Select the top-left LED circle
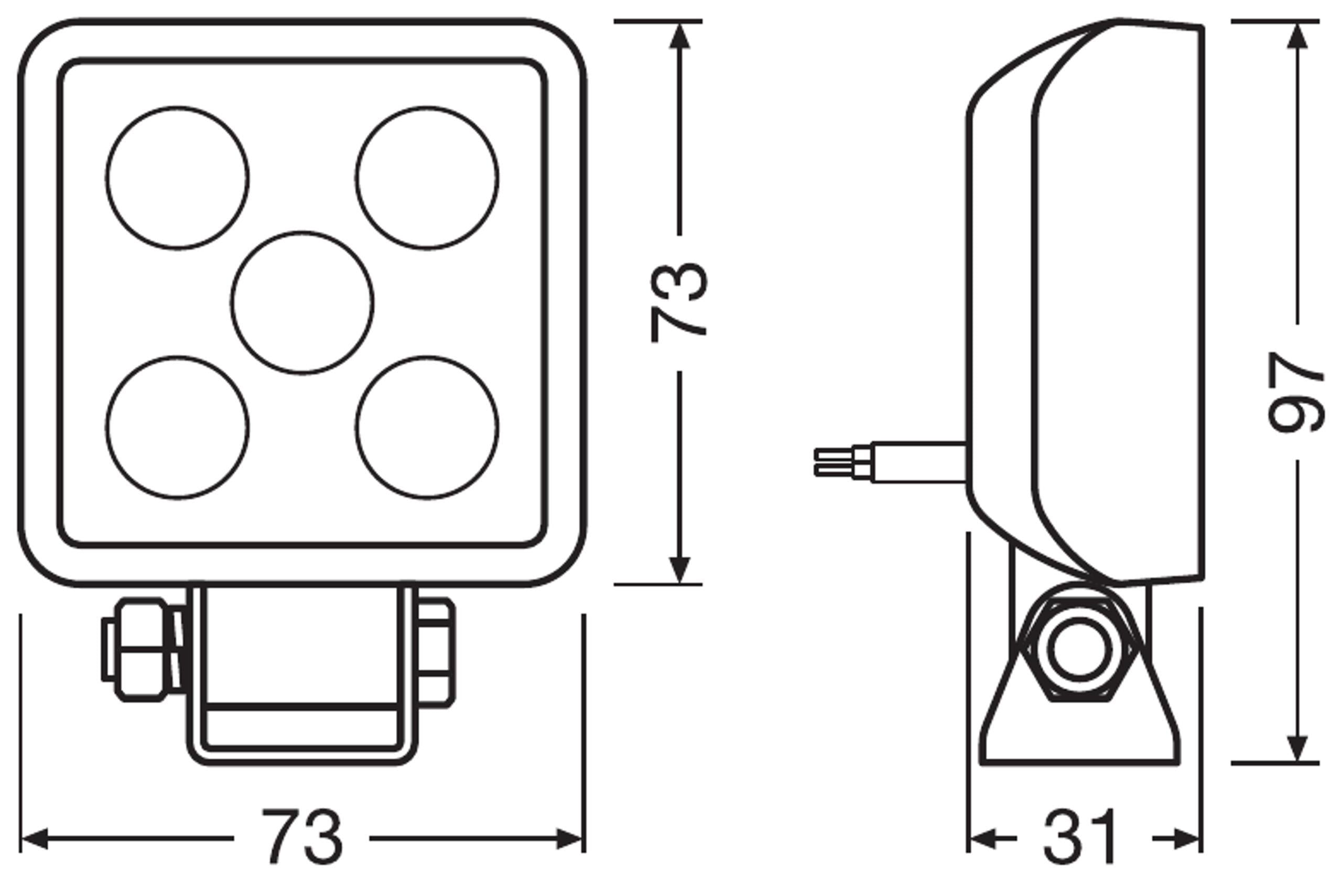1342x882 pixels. click(177, 178)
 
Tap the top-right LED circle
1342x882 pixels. click(427, 178)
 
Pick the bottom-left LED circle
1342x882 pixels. click(177, 428)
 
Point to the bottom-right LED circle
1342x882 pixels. click(427, 428)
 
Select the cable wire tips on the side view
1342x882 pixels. click(834, 462)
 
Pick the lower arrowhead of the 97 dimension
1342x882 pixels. click(1298, 748)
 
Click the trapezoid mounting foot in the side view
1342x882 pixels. click(1080, 733)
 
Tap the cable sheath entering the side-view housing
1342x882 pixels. click(919, 463)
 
